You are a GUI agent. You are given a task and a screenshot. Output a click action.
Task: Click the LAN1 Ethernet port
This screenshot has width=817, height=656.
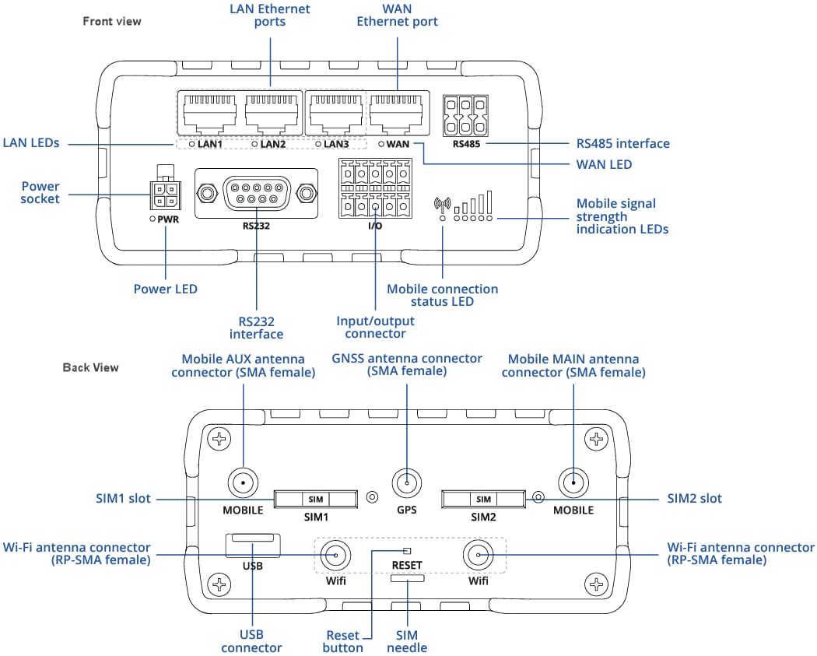point(209,114)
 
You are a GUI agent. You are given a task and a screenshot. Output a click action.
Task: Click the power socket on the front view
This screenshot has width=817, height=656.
point(163,195)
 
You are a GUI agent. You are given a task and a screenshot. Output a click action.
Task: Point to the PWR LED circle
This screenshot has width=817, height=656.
point(153,220)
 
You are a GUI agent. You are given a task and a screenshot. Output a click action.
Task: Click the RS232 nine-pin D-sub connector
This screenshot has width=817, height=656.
point(256,191)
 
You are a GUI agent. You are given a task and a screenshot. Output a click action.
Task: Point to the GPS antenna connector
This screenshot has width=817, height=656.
point(405,484)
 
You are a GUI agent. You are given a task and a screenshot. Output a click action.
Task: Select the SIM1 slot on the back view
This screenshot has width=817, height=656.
point(315,499)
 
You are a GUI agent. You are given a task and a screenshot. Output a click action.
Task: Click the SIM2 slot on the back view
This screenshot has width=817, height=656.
point(483,499)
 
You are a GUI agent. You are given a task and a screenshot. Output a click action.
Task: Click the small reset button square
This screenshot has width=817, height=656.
point(406,551)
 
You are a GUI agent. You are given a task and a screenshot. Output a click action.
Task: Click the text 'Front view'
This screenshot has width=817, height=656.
point(112,21)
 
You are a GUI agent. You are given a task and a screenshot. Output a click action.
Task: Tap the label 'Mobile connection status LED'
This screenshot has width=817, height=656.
point(442,295)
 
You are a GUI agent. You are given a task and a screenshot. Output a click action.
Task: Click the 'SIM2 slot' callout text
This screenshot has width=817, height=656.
point(694,498)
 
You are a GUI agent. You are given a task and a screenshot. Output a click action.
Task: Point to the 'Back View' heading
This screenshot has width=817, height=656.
point(91,367)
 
